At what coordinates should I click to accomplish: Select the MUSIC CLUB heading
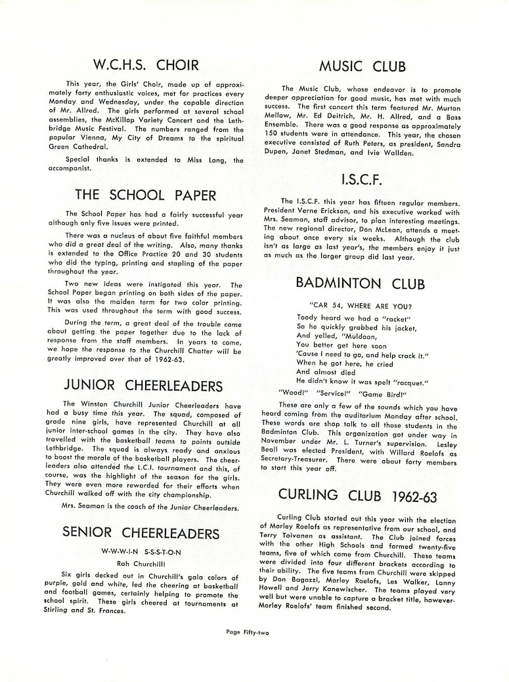pyautogui.click(x=362, y=66)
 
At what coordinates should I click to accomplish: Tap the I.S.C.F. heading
pyautogui.click(x=362, y=179)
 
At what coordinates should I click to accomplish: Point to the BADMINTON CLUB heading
pyautogui.click(x=361, y=284)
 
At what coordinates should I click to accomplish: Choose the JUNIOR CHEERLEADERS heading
pyautogui.click(x=143, y=385)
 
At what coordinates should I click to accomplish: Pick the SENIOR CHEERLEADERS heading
pyautogui.click(x=141, y=531)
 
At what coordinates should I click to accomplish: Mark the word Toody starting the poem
pyautogui.click(x=307, y=317)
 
